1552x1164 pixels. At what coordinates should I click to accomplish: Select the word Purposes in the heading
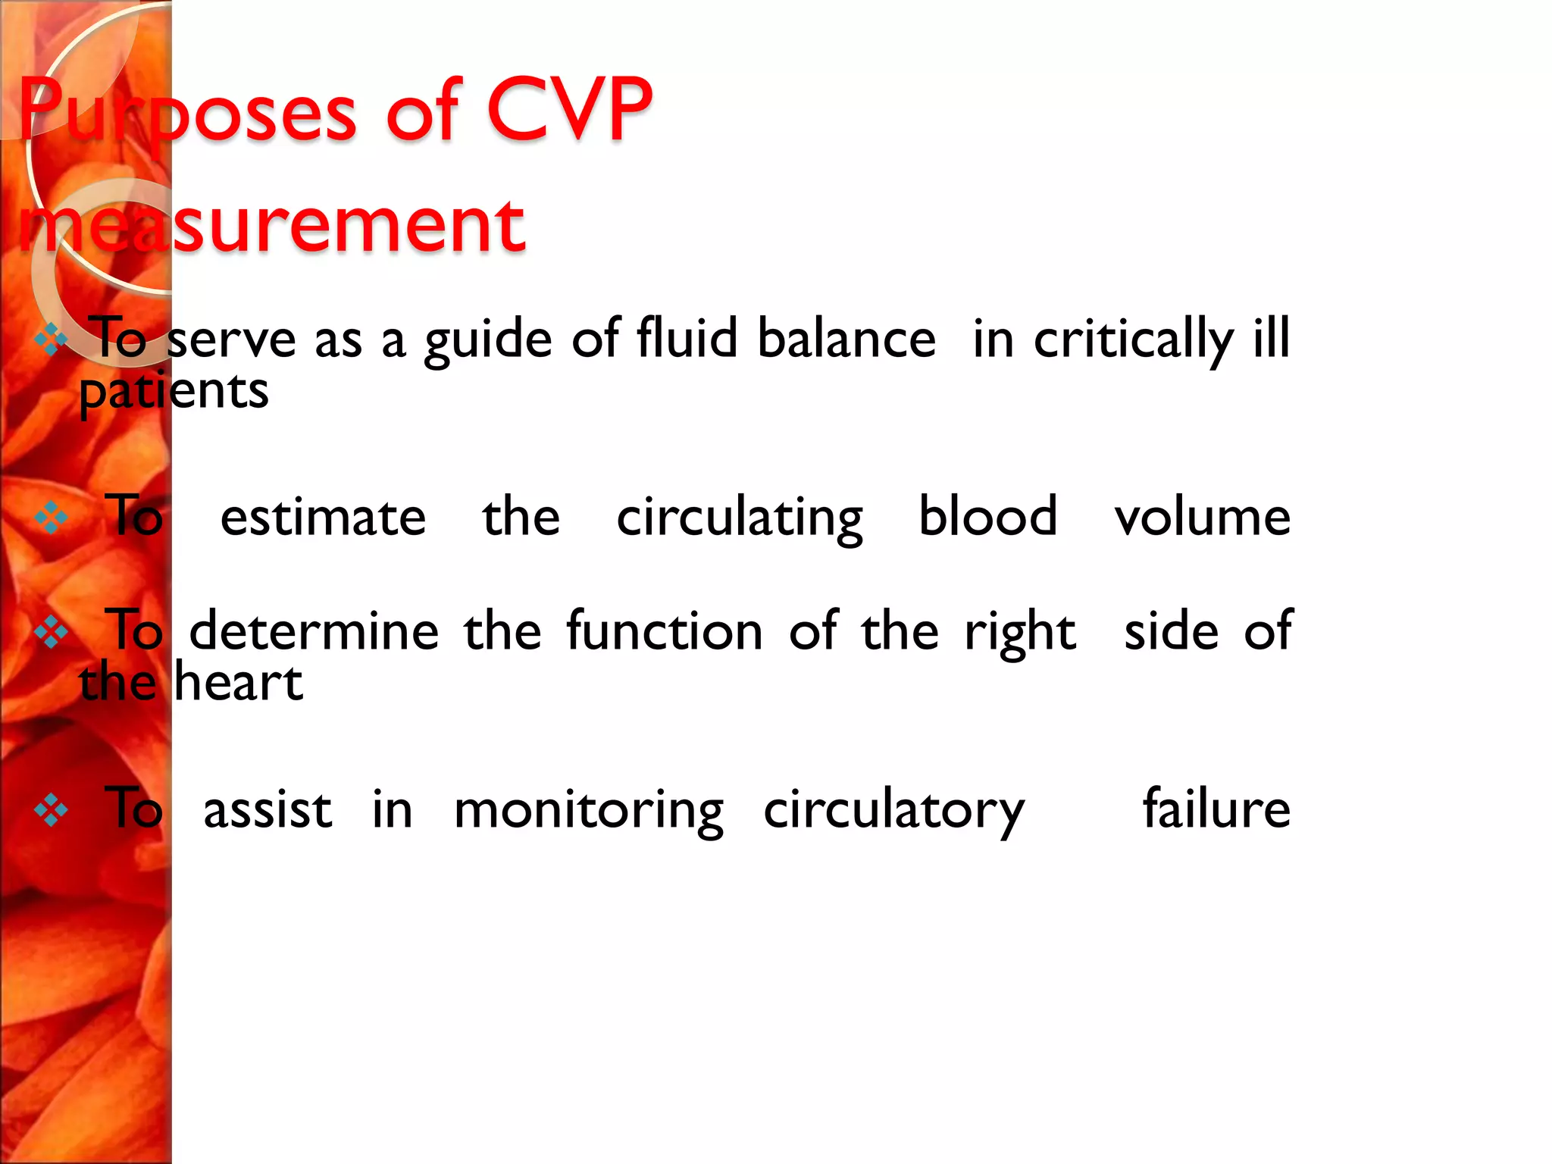[x=187, y=111]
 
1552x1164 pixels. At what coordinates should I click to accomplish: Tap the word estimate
[x=323, y=518]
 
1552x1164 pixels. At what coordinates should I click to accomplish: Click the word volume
[x=1202, y=518]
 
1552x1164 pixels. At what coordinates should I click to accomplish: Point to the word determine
[x=314, y=630]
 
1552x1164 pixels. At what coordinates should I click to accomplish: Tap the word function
[x=664, y=630]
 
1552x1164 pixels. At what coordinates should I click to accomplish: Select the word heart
[x=239, y=682]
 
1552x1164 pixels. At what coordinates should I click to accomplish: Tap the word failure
[x=1216, y=809]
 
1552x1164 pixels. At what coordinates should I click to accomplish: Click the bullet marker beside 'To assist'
[x=52, y=810]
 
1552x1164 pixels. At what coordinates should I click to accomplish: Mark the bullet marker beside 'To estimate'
[x=52, y=518]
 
